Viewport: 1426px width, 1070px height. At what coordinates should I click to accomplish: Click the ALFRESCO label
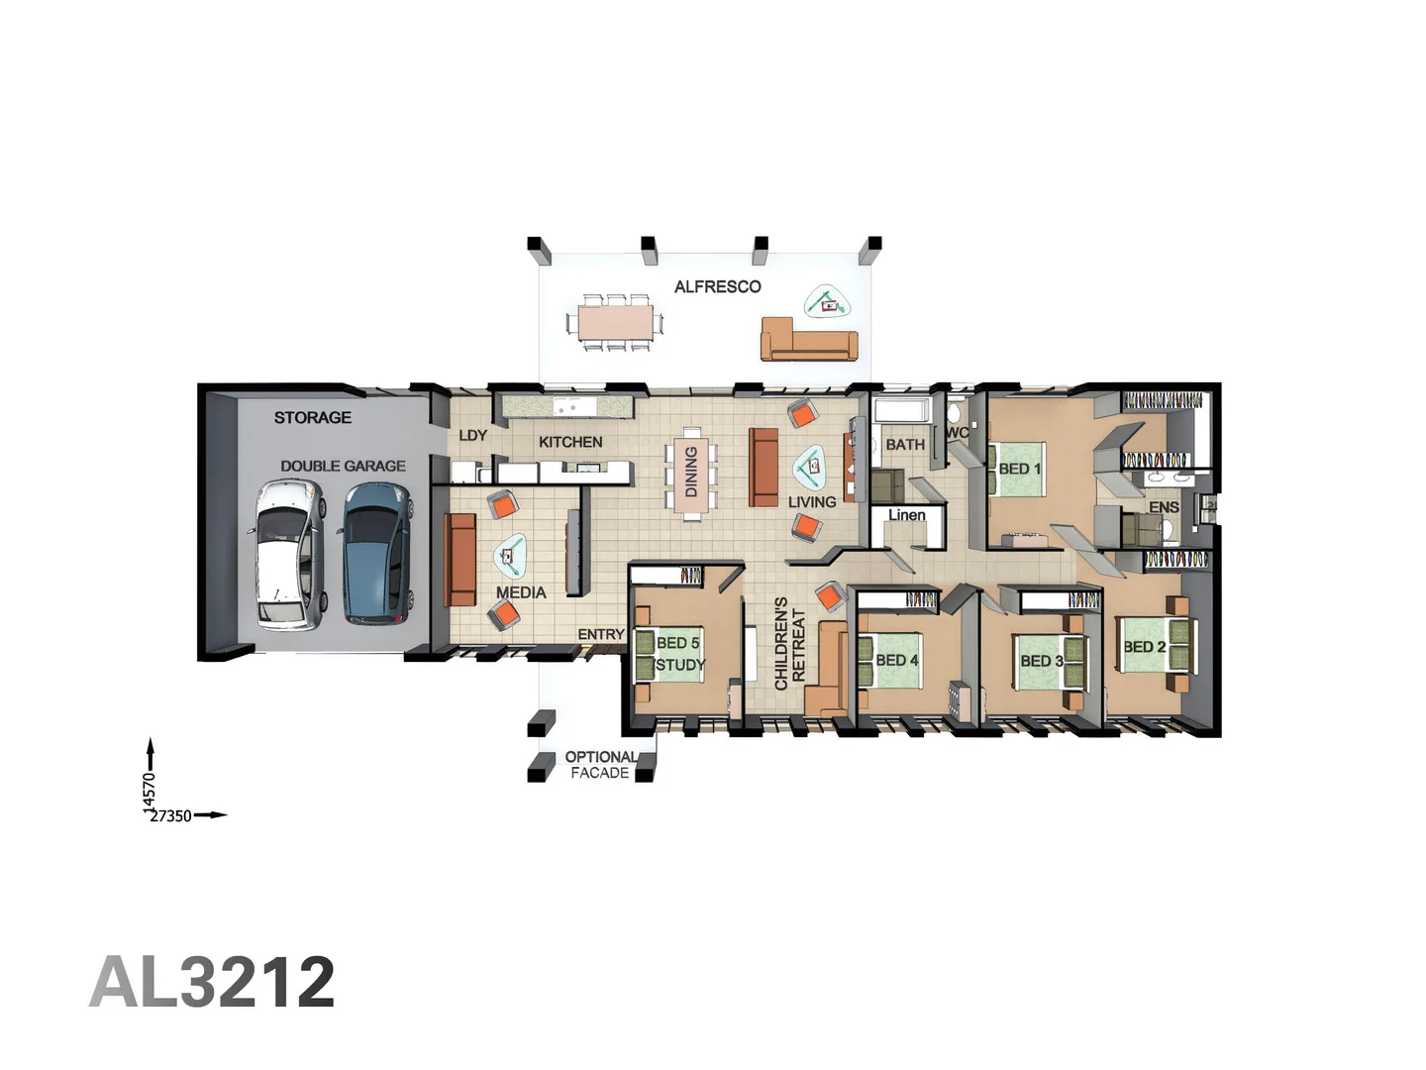(x=717, y=287)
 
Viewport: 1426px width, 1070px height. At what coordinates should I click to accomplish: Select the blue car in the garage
(x=376, y=552)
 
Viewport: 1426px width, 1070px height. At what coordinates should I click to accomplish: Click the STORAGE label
(x=312, y=418)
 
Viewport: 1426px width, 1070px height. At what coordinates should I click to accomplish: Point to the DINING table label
(x=691, y=472)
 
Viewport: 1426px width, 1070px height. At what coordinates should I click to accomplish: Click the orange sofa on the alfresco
(x=808, y=340)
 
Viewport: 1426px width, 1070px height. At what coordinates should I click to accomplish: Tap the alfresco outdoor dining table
(x=615, y=322)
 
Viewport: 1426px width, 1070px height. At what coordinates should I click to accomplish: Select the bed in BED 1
(x=1018, y=469)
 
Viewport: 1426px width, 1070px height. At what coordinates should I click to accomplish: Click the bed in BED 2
(x=1151, y=646)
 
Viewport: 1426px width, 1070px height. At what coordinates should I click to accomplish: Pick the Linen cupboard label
(x=906, y=515)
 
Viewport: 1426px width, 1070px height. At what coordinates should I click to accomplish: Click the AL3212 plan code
(x=212, y=982)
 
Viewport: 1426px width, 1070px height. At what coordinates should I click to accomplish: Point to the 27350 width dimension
(x=170, y=816)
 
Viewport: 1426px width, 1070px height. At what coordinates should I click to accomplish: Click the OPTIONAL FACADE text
(x=600, y=765)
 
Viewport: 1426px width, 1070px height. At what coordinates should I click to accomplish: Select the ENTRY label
(x=600, y=634)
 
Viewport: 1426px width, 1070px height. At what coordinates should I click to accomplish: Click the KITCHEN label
(x=570, y=442)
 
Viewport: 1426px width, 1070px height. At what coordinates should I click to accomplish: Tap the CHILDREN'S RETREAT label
(x=789, y=643)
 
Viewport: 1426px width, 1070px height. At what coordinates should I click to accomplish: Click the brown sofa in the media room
(x=460, y=559)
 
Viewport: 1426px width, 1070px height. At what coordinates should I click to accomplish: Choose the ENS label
(x=1164, y=507)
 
